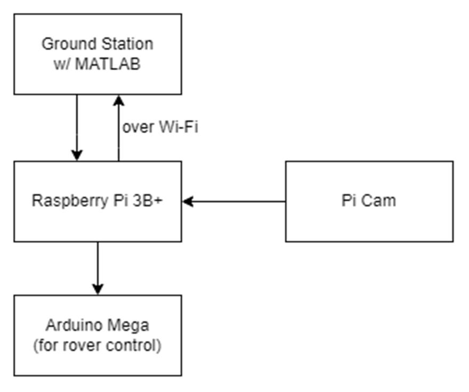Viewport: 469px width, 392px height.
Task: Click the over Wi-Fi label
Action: point(160,128)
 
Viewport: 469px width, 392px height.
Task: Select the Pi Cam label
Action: point(369,201)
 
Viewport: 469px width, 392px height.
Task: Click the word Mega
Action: point(131,325)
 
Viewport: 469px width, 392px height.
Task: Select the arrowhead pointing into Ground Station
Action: point(118,100)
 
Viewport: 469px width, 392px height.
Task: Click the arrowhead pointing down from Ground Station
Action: point(77,155)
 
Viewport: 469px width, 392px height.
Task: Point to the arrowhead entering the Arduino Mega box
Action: point(98,289)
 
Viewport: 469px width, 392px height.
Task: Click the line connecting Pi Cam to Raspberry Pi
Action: point(240,202)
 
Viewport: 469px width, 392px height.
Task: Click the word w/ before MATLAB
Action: point(62,64)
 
